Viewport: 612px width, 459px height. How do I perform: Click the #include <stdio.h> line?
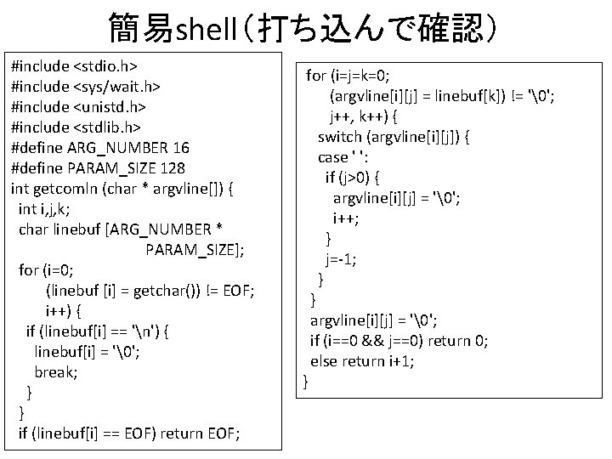[x=75, y=65]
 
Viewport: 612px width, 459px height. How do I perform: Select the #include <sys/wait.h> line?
[x=86, y=86]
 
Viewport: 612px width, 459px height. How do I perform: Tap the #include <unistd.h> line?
[x=78, y=106]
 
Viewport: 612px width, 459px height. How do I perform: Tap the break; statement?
[x=56, y=372]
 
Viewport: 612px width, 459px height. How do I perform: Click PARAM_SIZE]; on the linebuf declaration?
[x=195, y=250]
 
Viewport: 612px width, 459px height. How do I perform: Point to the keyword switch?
[x=343, y=136]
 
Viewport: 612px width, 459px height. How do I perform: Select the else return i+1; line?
[x=362, y=360]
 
